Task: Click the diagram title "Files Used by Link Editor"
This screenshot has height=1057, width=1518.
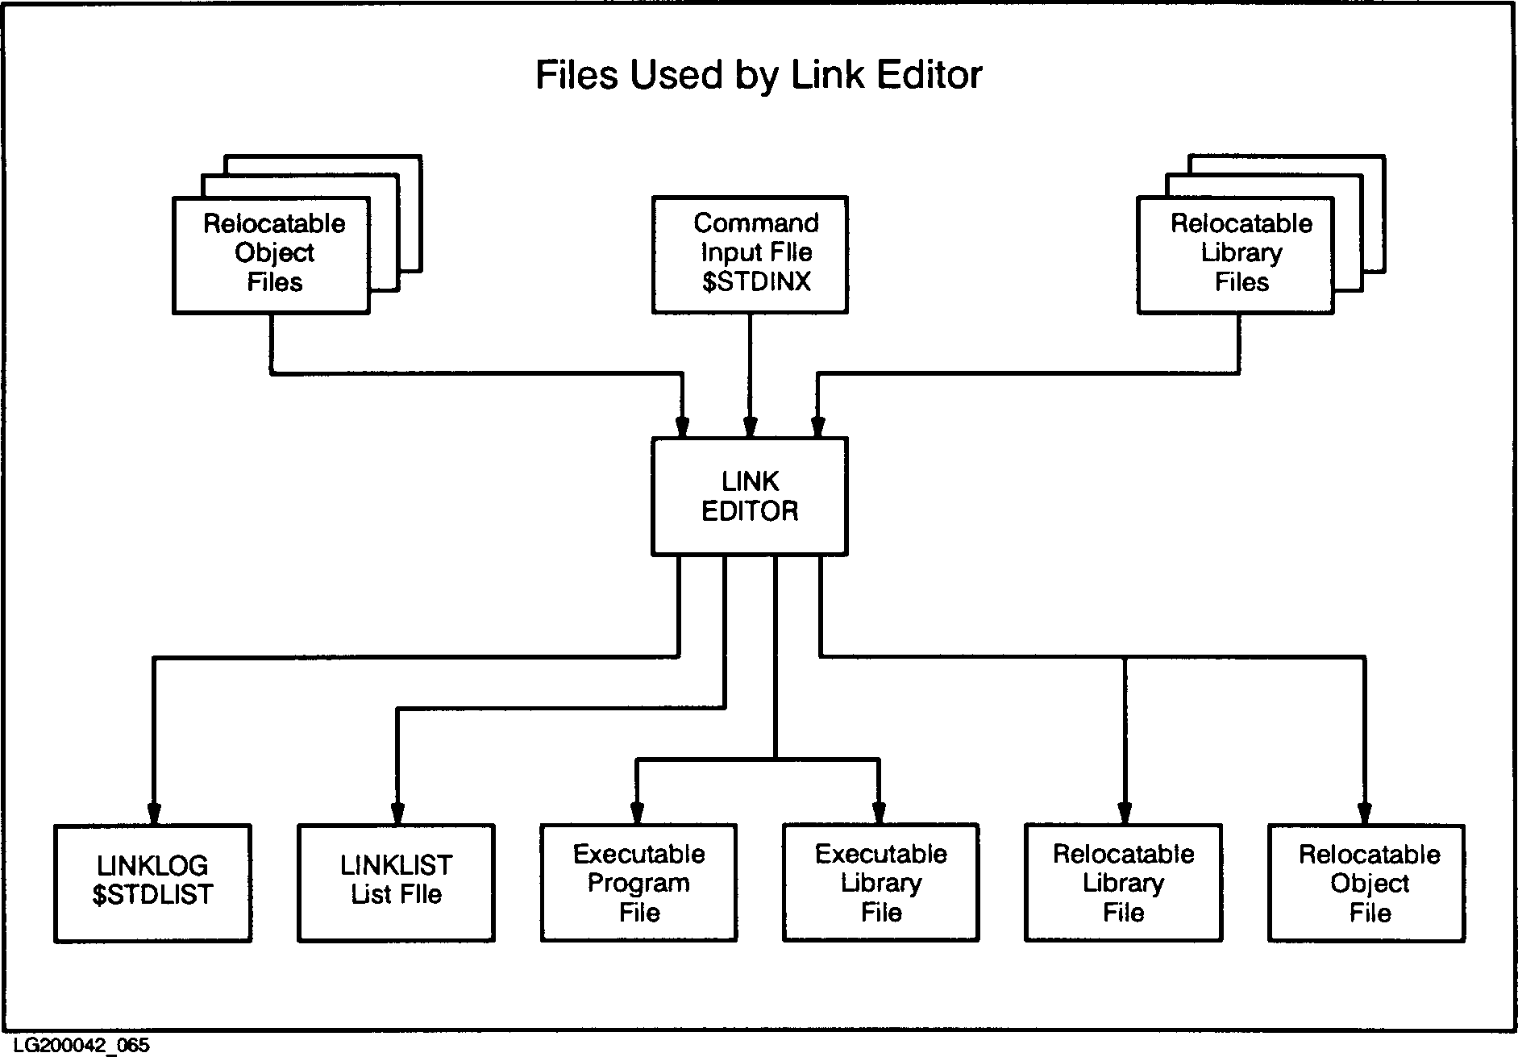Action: tap(758, 75)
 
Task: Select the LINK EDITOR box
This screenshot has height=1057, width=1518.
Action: tap(749, 496)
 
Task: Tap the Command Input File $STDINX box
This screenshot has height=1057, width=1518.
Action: tap(749, 254)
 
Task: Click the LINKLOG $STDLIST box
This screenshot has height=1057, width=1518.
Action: tap(152, 882)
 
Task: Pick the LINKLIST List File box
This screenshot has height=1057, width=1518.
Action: tap(396, 882)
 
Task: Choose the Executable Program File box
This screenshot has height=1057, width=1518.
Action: tap(638, 882)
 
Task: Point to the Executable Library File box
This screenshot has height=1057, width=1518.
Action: tap(880, 882)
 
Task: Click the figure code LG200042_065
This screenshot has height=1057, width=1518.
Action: tap(81, 1045)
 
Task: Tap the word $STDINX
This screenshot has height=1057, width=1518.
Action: tap(755, 282)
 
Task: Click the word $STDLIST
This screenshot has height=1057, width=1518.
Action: tap(152, 895)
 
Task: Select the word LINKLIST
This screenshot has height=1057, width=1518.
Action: tap(396, 866)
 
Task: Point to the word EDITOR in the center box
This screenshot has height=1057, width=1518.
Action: tap(750, 511)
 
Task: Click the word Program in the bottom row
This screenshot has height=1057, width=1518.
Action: tap(638, 883)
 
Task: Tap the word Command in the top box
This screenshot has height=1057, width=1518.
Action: tap(755, 223)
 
